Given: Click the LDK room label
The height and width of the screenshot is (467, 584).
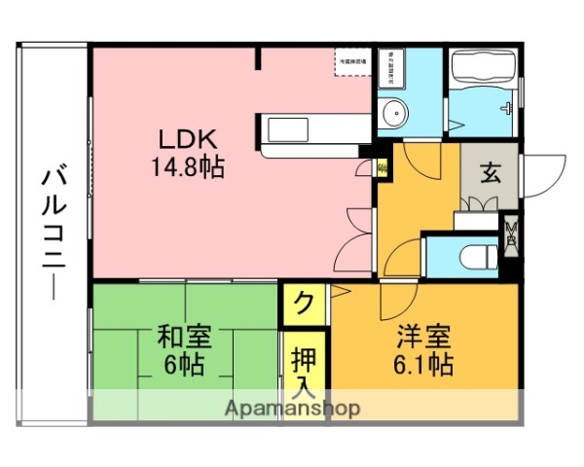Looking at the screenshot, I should (186, 138).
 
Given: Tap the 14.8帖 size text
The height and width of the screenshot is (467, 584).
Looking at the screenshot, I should (186, 166).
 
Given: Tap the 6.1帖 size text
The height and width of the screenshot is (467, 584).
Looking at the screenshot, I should (422, 366).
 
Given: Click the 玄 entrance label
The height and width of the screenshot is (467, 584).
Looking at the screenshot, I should (491, 176).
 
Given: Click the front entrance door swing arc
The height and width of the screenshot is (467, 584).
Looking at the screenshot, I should (542, 172).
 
